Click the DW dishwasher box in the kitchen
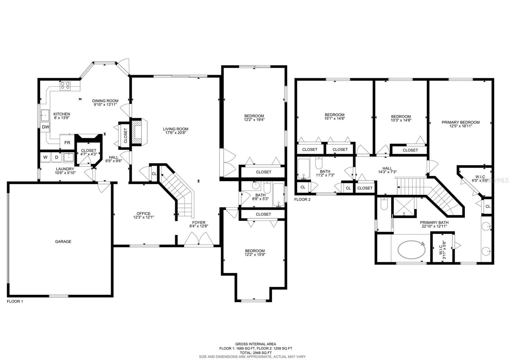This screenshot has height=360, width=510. [x=45, y=127]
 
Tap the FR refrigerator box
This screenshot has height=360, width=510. [x=67, y=142]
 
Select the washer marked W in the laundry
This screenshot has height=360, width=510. [x=45, y=157]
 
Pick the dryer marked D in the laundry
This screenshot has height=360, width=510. [x=56, y=157]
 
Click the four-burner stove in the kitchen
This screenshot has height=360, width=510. [x=65, y=86]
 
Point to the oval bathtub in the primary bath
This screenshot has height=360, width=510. [x=412, y=249]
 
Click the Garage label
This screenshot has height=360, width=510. [x=63, y=241]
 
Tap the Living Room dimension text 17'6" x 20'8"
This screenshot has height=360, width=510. [x=176, y=133]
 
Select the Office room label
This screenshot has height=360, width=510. [x=143, y=213]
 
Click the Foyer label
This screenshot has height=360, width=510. [x=199, y=223]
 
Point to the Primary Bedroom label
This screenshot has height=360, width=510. [x=461, y=122]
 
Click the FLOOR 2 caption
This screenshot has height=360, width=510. [x=302, y=199]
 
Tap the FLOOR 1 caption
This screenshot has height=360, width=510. [x=15, y=301]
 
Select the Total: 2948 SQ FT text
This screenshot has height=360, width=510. [x=256, y=352]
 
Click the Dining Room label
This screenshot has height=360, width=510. [x=105, y=101]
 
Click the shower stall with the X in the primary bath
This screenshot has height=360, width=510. [x=404, y=207]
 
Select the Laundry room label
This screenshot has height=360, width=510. [x=65, y=169]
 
